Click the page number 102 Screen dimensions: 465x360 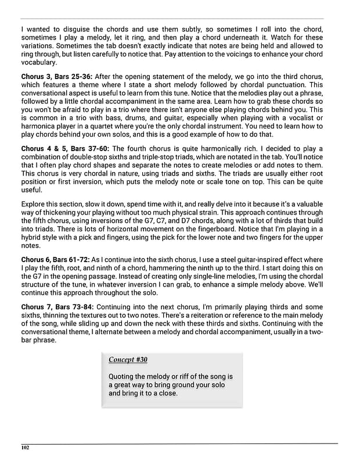coord(25,448)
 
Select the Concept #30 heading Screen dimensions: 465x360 coord(128,360)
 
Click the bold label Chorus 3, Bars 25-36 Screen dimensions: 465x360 coord(56,76)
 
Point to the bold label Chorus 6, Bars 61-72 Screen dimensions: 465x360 coord(55,259)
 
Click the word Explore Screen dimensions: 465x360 coord(34,204)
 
